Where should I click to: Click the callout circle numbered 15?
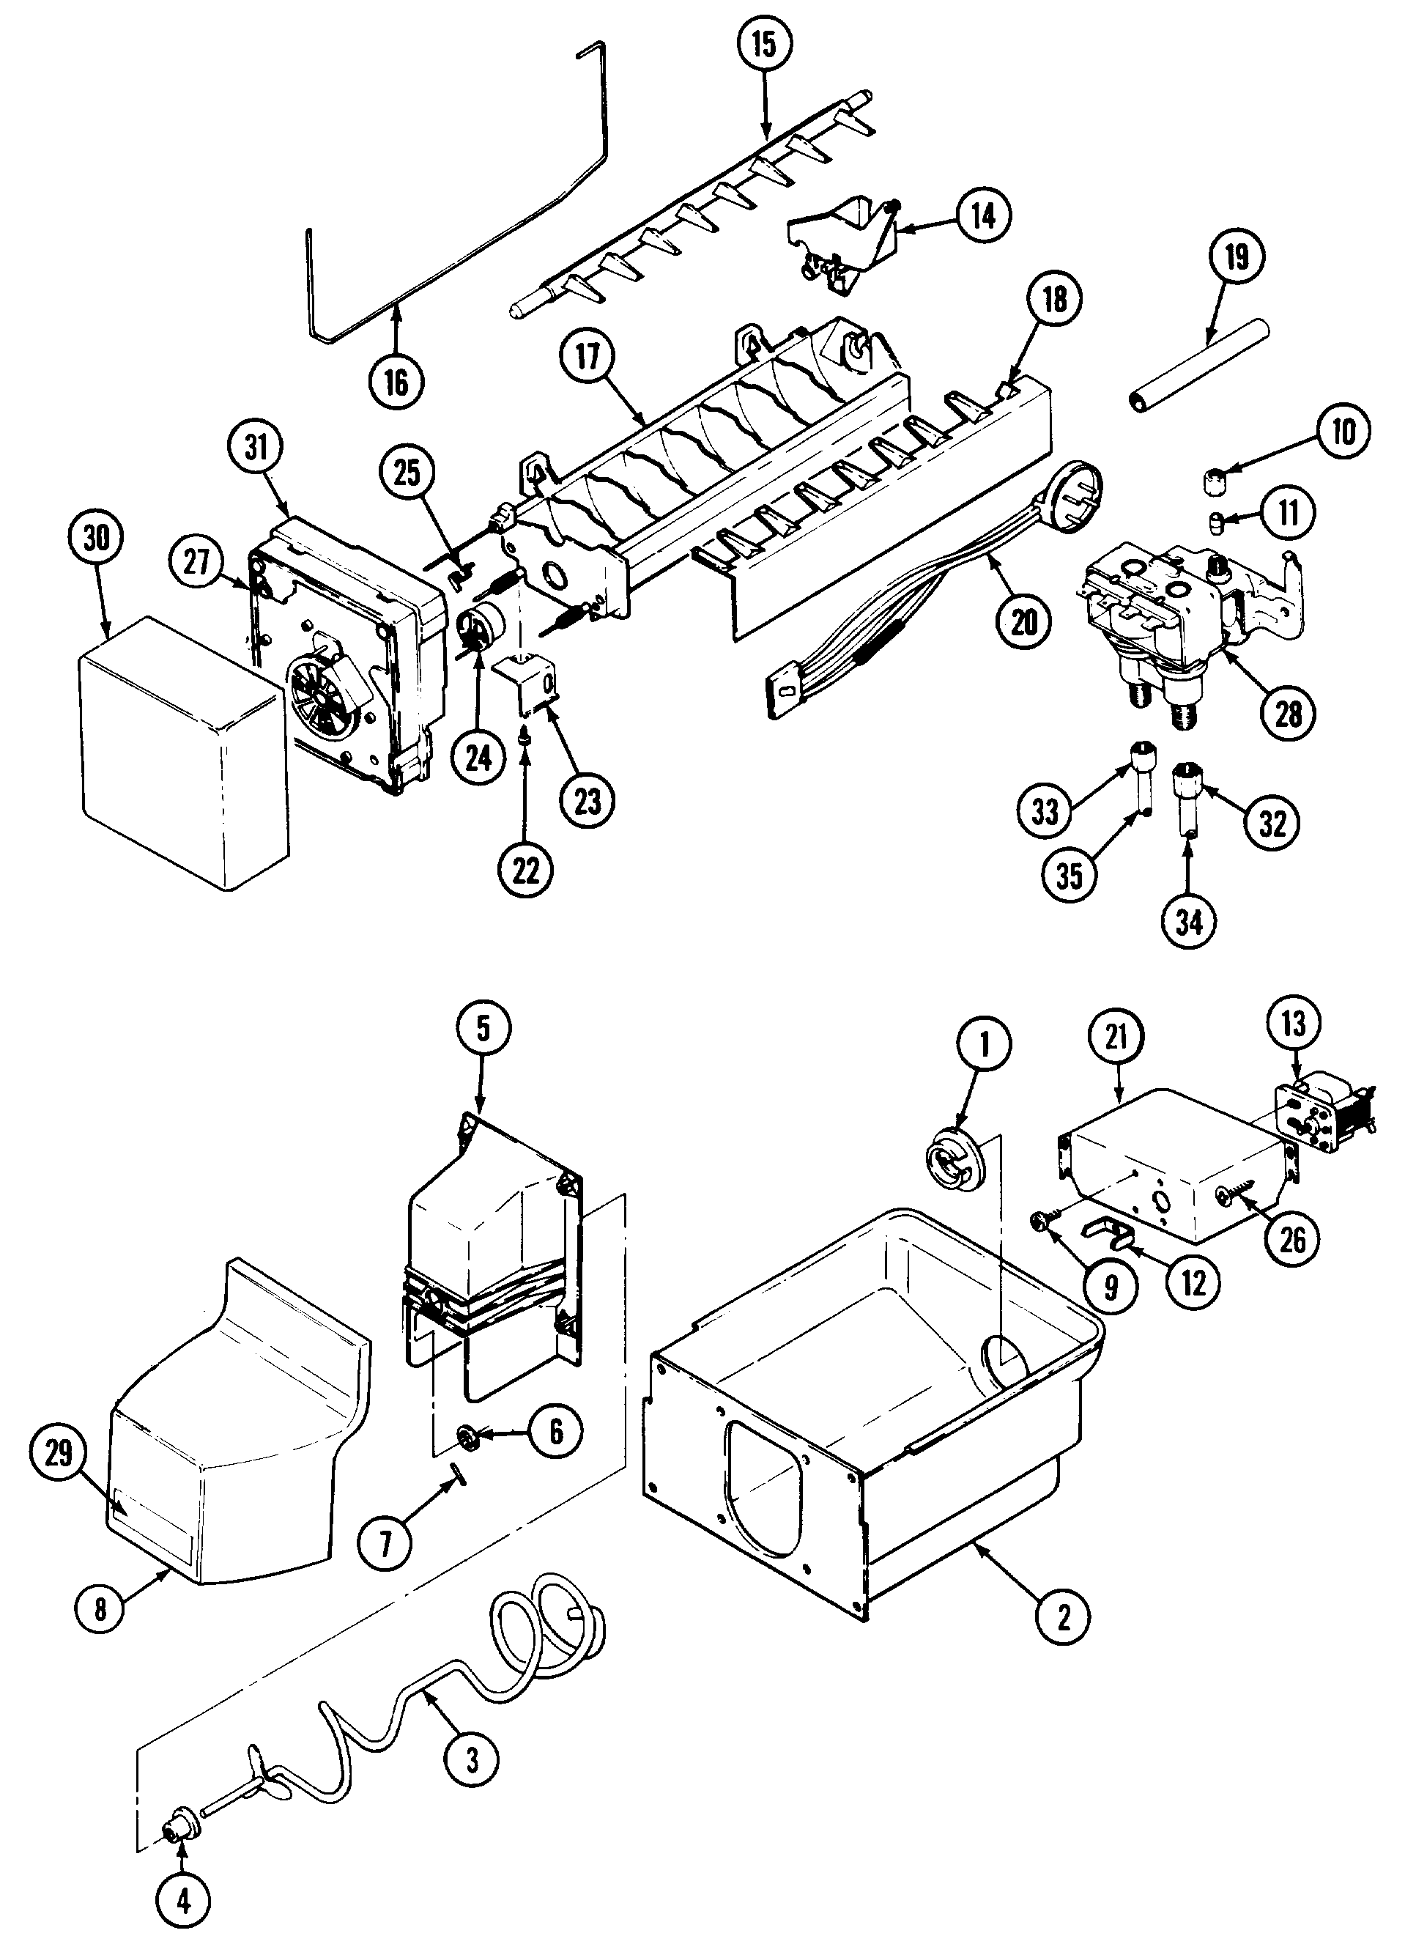click(x=764, y=45)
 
